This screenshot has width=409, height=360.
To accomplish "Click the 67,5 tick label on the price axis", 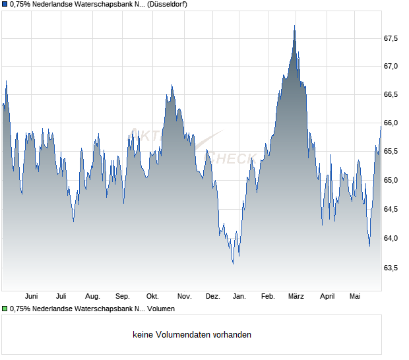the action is pyautogui.click(x=391, y=39).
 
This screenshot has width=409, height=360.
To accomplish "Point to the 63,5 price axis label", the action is pyautogui.click(x=391, y=268).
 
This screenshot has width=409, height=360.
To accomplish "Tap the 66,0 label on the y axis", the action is pyautogui.click(x=391, y=123).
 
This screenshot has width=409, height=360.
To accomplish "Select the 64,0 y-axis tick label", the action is pyautogui.click(x=391, y=238).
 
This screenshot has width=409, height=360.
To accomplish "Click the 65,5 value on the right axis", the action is pyautogui.click(x=391, y=151).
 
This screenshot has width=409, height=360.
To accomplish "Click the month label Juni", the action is pyautogui.click(x=31, y=297).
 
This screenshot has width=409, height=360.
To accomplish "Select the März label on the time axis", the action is pyautogui.click(x=296, y=297).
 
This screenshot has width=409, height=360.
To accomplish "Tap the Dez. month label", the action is pyautogui.click(x=213, y=297).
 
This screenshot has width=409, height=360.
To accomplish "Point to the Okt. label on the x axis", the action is pyautogui.click(x=152, y=297).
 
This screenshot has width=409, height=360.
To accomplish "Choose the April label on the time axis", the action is pyautogui.click(x=327, y=297).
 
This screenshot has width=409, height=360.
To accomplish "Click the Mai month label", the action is pyautogui.click(x=355, y=297).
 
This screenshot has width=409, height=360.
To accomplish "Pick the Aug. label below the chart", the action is pyautogui.click(x=92, y=297).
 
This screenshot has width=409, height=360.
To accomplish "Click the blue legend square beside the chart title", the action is pyautogui.click(x=5, y=4).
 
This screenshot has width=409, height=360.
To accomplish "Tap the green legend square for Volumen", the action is pyautogui.click(x=5, y=309).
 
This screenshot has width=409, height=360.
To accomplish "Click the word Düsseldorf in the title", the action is pyautogui.click(x=167, y=4).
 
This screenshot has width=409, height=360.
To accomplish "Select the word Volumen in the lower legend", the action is pyautogui.click(x=161, y=309).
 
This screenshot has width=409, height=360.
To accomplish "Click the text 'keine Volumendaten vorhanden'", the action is pyautogui.click(x=192, y=335).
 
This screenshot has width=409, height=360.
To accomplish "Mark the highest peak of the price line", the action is pyautogui.click(x=294, y=26).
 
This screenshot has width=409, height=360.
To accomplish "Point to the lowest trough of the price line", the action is pyautogui.click(x=233, y=264).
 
